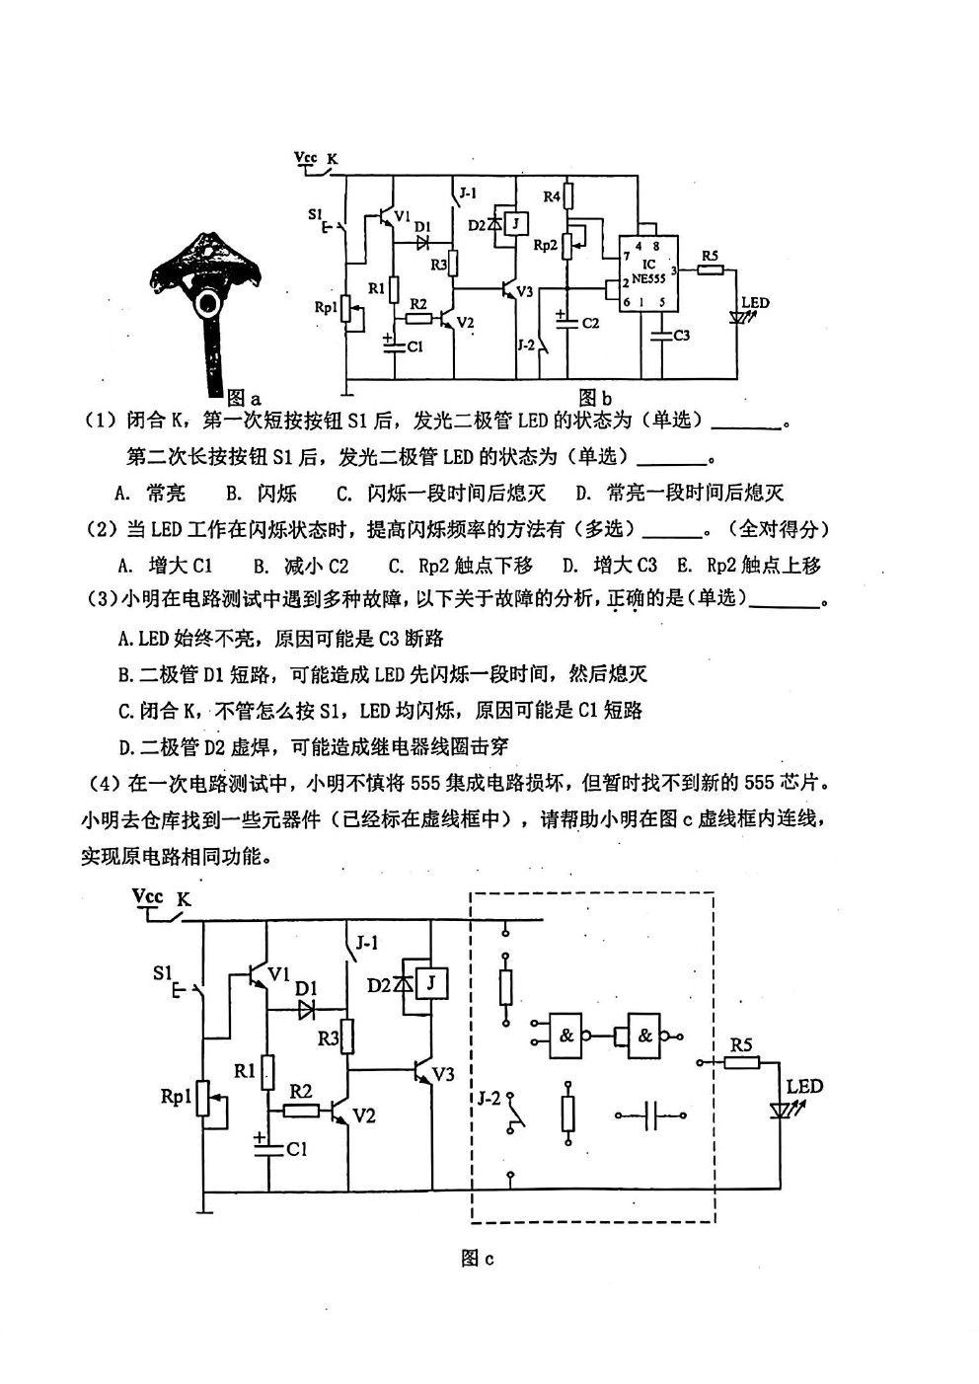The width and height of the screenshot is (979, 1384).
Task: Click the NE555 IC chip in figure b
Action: pos(648,273)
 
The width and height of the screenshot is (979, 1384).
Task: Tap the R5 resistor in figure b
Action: pos(711,269)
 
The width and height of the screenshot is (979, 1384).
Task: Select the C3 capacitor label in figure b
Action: pos(681,336)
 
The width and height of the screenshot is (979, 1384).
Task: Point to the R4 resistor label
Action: pos(552,196)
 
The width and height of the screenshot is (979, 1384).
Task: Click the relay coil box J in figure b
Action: pos(517,222)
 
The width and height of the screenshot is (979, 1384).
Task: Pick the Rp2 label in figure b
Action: pos(546,245)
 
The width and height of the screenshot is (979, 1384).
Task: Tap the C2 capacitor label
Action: pos(590,323)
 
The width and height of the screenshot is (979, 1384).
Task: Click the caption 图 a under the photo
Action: pos(244,398)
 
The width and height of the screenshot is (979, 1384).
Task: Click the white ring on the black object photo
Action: pos(208,303)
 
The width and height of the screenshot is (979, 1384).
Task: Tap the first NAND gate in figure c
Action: pos(565,1036)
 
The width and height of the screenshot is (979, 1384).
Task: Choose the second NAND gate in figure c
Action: pos(644,1036)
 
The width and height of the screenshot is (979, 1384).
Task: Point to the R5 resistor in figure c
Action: pos(741,1062)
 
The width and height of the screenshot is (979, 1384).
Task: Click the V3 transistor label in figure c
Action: pos(443,1074)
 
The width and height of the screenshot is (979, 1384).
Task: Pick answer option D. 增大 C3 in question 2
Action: pos(610,564)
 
